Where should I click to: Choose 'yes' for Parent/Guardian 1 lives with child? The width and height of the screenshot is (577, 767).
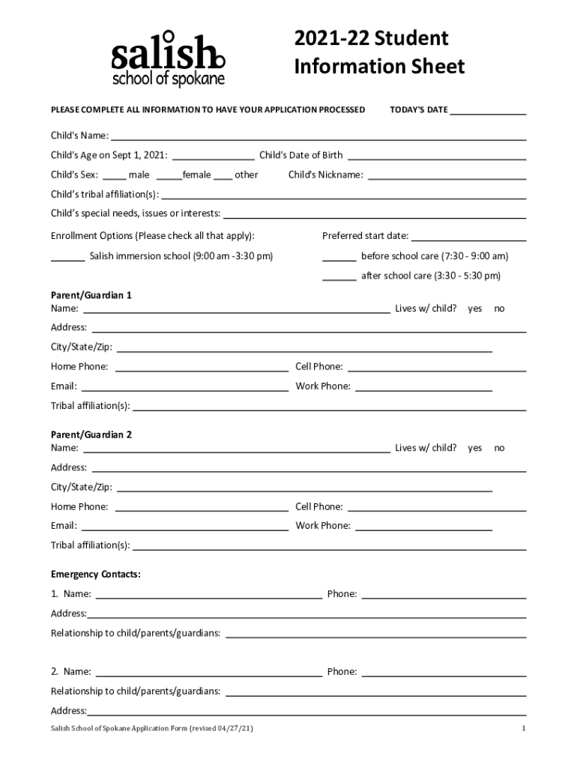tap(475, 309)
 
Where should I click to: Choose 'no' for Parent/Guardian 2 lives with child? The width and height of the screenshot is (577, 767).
tap(499, 448)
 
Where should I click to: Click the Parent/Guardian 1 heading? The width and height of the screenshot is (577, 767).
tap(91, 295)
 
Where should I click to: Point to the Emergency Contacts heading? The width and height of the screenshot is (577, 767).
tap(96, 575)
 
